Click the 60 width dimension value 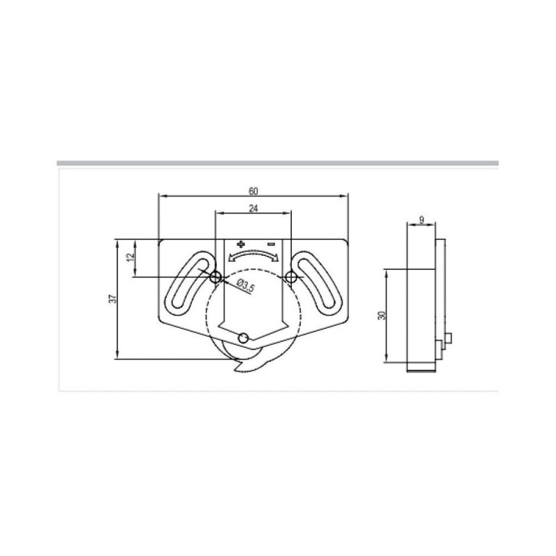click(x=253, y=191)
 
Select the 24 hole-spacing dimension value click(x=253, y=208)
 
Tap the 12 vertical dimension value click(x=131, y=256)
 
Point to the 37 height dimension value click(x=113, y=299)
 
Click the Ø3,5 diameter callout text click(x=245, y=286)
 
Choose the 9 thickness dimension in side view click(x=421, y=220)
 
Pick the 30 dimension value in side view click(x=382, y=315)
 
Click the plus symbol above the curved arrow click(x=240, y=244)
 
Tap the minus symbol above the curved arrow click(x=272, y=244)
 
